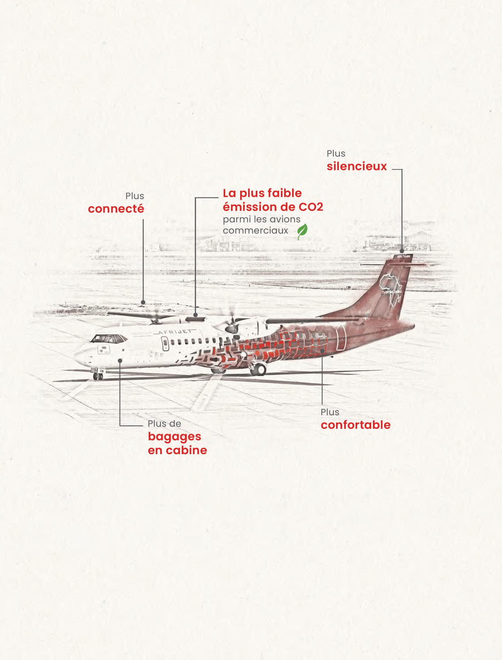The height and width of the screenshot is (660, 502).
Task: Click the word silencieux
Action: pos(357,166)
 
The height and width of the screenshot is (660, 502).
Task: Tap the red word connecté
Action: pos(116,209)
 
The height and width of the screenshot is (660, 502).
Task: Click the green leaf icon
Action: pos(302,232)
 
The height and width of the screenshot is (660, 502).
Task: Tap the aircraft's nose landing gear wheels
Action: pos(98,376)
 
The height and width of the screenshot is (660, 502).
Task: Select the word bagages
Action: pos(174,437)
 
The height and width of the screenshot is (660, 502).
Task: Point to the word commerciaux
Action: pos(256,231)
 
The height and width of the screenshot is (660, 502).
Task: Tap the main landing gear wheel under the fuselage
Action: pos(260,369)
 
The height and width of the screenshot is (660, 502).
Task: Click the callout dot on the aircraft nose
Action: pos(120,360)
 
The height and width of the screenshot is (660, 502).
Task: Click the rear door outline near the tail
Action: pos(341,337)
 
